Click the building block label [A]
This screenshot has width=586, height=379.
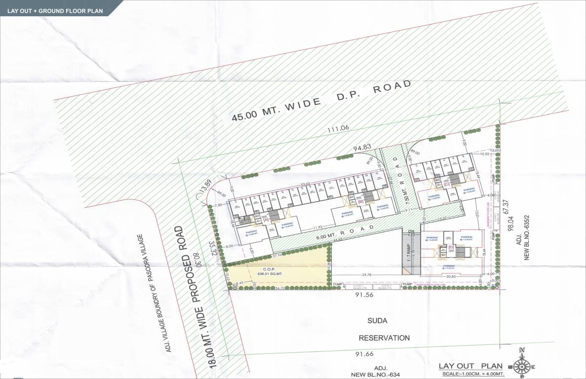point(266,220)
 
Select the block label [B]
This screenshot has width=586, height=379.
point(361,202)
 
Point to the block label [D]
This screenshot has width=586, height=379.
point(450,247)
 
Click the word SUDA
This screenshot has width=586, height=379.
point(377,321)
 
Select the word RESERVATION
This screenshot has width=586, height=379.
point(384,338)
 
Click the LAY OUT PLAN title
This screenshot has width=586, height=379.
point(470,366)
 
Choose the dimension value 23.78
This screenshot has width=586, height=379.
point(366,274)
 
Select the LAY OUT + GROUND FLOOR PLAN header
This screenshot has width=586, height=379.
point(55,10)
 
